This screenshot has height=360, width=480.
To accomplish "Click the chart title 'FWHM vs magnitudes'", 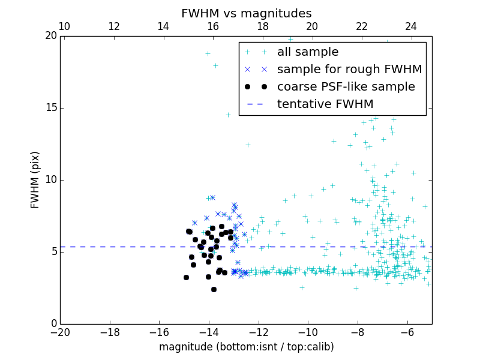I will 246,13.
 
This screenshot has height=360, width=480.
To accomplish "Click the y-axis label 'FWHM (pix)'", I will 35,180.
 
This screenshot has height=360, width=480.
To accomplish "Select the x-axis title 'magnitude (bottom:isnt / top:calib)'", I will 246,347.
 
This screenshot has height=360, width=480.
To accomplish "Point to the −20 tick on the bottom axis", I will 60,332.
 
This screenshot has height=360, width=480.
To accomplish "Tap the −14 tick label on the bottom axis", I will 209,332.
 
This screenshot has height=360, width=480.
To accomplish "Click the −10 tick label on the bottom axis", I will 308,332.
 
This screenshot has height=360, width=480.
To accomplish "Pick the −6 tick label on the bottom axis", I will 407,332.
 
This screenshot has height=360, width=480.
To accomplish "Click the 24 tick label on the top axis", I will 411,26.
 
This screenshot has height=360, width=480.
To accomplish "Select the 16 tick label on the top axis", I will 213,26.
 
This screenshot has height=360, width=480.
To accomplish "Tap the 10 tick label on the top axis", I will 64,26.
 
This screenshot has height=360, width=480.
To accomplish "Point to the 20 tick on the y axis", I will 50,36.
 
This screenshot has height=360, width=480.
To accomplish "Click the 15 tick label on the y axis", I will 50,108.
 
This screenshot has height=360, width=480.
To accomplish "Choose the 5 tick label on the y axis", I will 53,252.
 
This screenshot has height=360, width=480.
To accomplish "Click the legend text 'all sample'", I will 308,52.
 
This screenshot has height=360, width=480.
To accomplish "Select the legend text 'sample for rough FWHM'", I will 349,70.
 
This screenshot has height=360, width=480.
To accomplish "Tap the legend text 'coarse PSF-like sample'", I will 346,87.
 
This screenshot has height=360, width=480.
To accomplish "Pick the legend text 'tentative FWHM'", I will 325,104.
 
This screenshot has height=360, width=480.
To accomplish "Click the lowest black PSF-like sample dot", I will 214,289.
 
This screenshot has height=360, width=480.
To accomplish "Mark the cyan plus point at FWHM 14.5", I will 228,115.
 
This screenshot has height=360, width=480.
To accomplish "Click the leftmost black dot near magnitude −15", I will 186,277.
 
